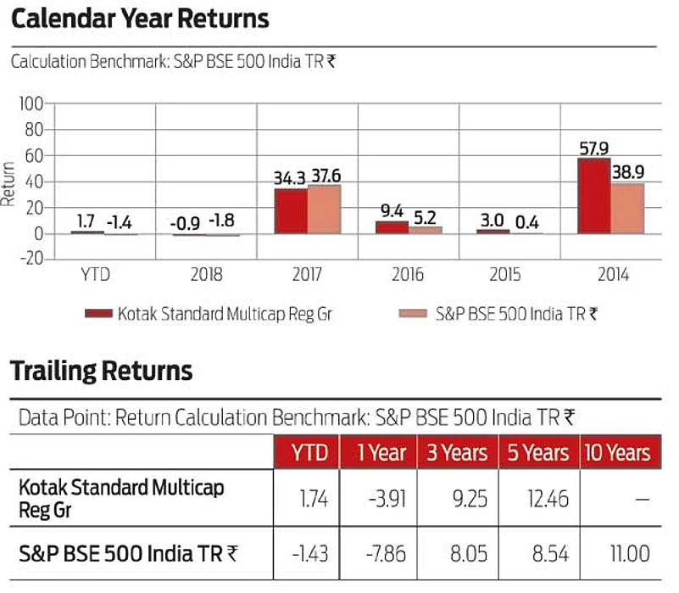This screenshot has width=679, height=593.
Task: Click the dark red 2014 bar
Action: point(593,196)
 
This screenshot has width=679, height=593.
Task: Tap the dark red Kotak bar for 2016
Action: point(392,227)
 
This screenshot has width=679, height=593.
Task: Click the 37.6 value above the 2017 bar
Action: point(326,176)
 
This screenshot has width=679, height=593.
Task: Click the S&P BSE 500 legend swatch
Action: point(414,314)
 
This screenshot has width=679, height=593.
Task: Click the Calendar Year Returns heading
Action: point(139,19)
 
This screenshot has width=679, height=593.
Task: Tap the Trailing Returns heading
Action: point(101,371)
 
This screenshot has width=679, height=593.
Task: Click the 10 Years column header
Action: point(616,453)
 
